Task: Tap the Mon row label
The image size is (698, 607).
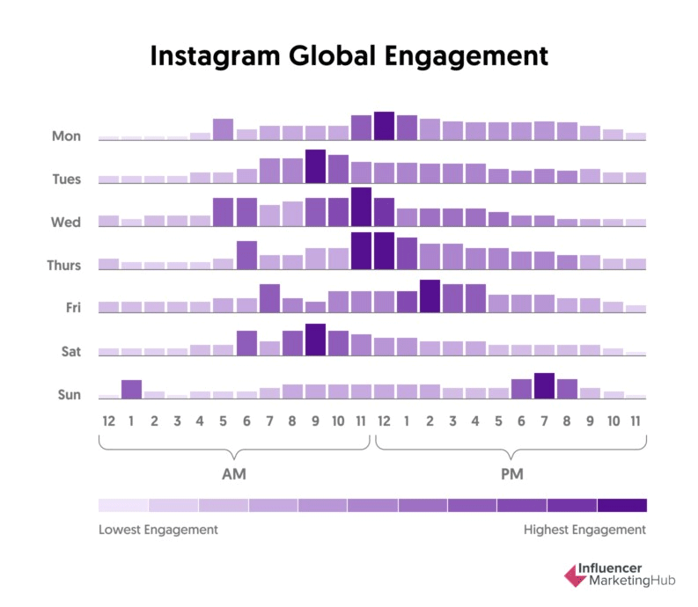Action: [67, 136]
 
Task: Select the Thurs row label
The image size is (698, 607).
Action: [65, 266]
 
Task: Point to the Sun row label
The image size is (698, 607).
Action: [69, 395]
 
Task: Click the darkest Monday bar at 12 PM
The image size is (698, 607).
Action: [384, 126]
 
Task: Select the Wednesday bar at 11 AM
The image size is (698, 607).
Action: [361, 207]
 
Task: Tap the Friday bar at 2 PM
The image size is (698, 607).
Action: [430, 296]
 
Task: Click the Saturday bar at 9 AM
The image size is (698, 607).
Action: [315, 340]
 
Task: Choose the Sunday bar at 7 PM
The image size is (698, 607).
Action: [544, 385]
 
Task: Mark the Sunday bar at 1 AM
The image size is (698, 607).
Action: [132, 389]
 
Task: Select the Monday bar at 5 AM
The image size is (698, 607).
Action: [224, 129]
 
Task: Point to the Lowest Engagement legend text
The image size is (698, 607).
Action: [158, 530]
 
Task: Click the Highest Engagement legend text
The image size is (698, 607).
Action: [584, 530]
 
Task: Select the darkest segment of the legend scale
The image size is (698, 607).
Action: [621, 505]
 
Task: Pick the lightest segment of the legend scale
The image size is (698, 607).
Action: [123, 505]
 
